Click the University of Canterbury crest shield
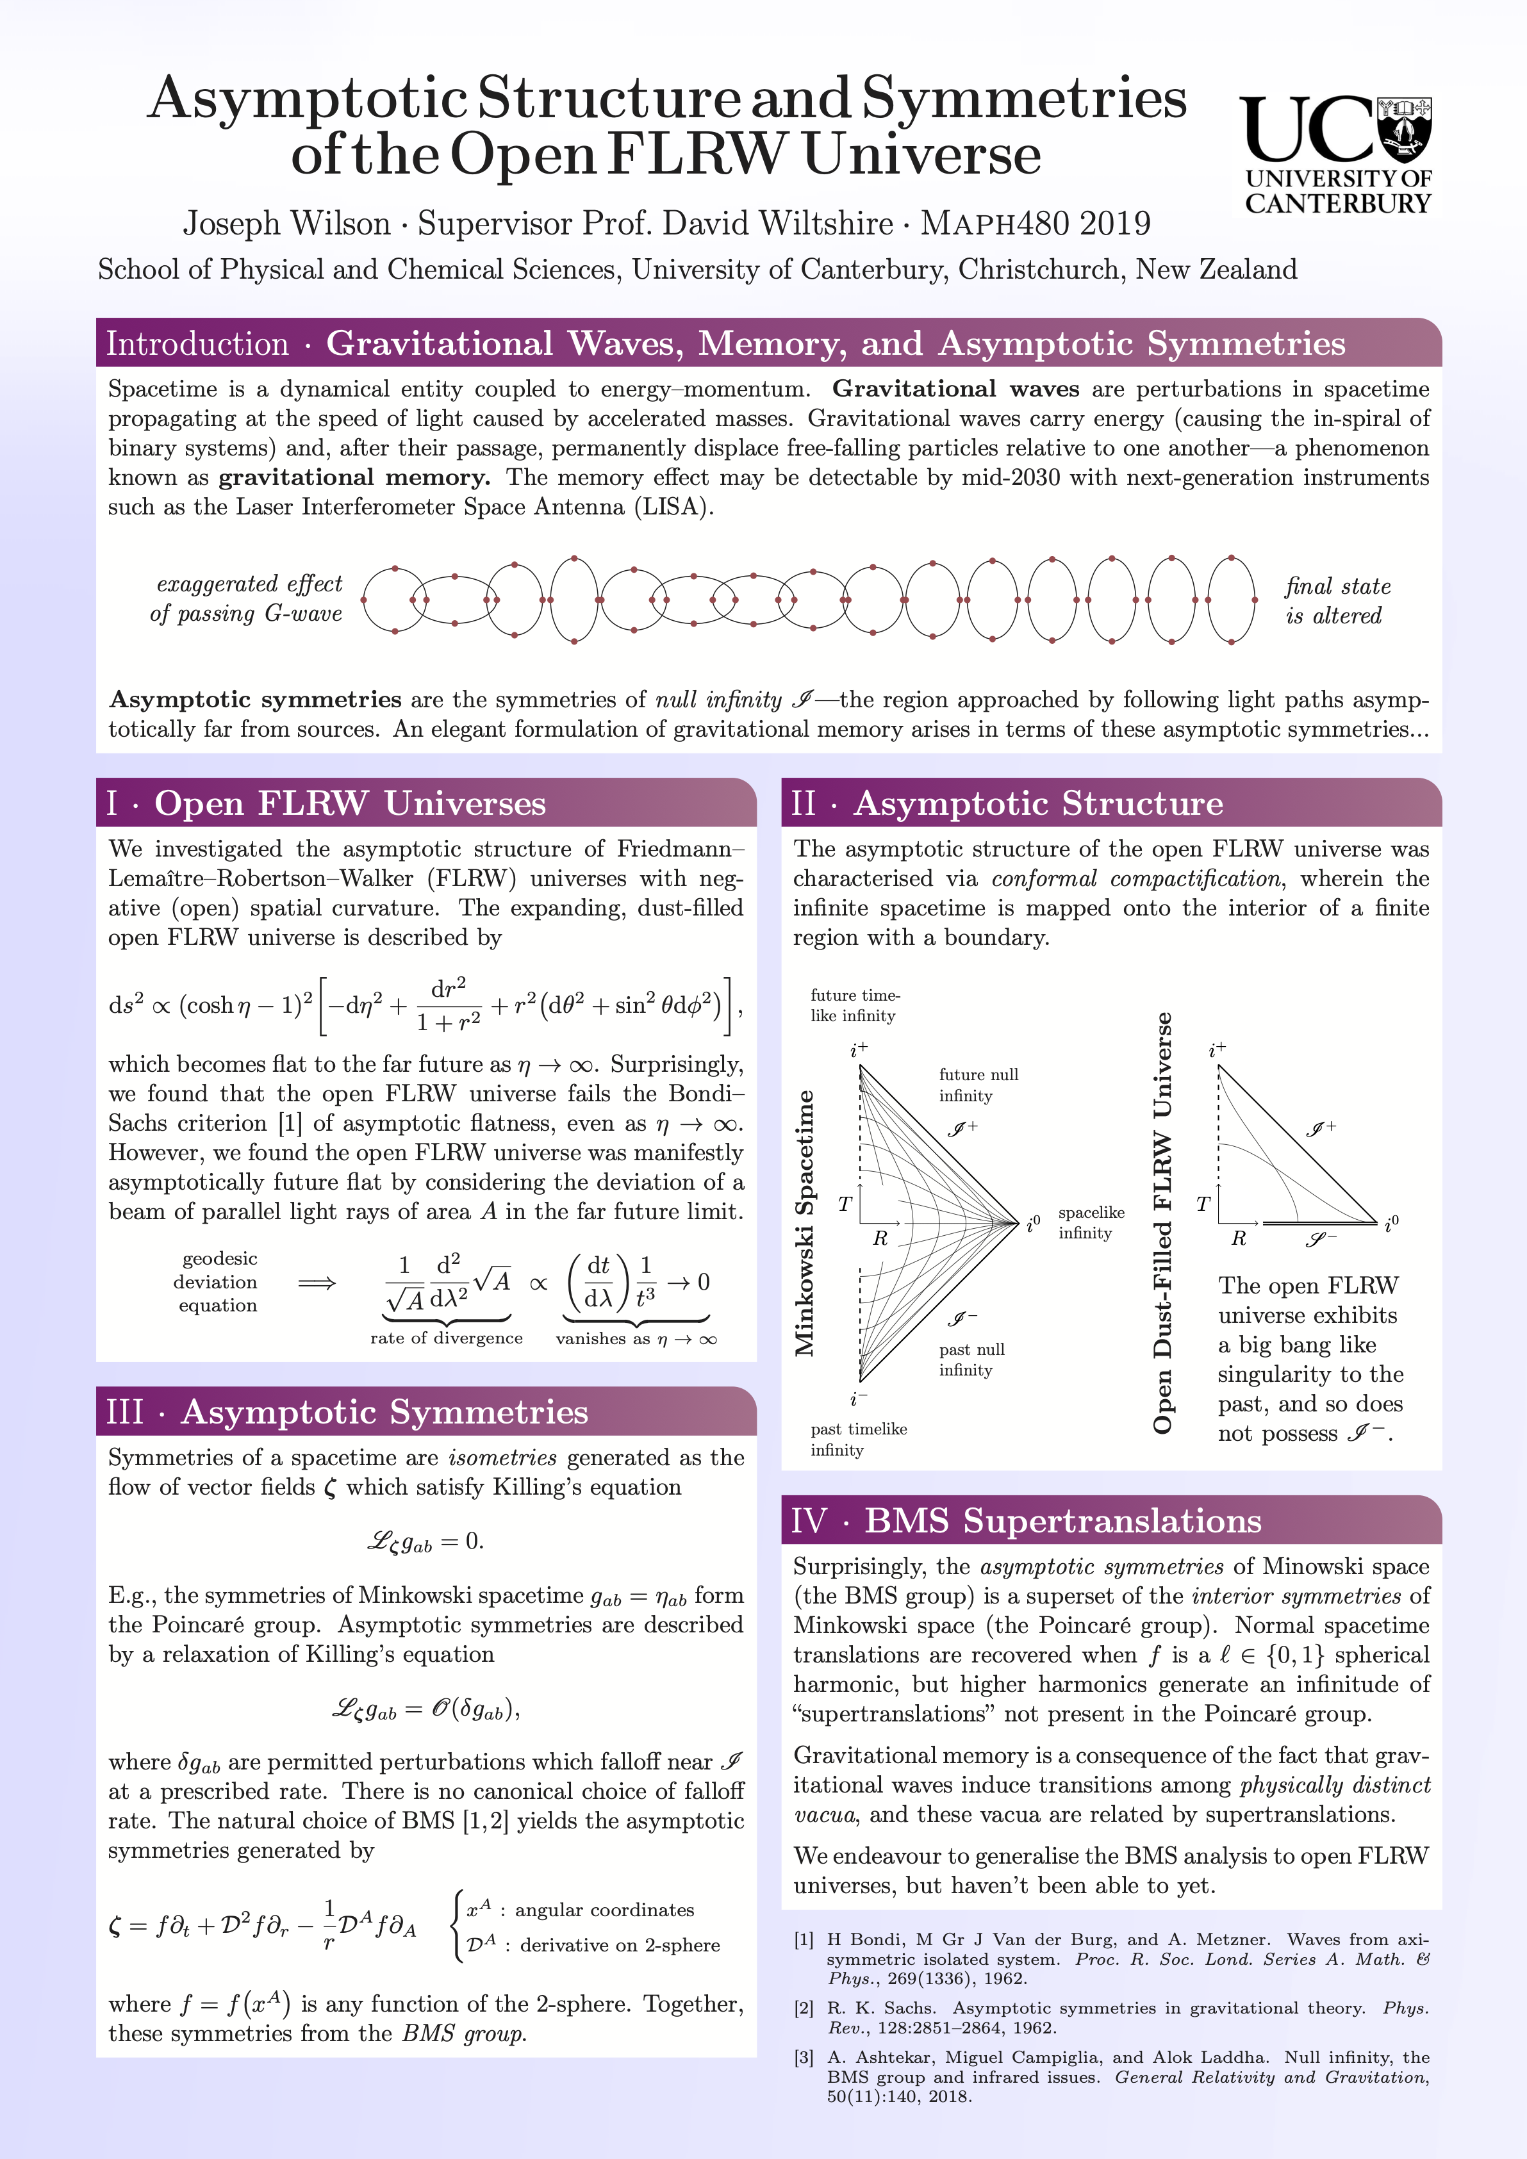coord(1404,128)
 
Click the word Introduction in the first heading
coord(197,344)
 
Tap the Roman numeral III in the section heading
coord(125,1413)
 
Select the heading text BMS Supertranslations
coord(1062,1520)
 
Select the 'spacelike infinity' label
coord(1091,1222)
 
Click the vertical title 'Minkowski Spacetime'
coord(805,1222)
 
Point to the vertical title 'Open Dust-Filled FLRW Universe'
coord(1163,1222)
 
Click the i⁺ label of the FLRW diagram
coord(1217,1049)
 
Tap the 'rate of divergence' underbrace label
coord(446,1338)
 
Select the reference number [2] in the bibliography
coord(804,2008)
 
